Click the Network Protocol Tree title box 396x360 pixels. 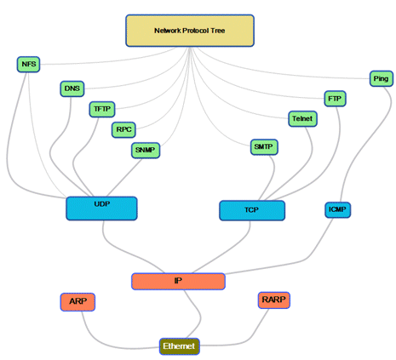pos(190,31)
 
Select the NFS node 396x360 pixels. pos(28,64)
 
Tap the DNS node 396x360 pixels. pos(72,89)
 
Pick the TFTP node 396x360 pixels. pos(102,109)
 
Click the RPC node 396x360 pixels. pos(123,129)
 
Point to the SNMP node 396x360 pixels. pos(146,150)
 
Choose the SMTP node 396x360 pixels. pos(264,147)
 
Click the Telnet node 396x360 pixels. pos(302,118)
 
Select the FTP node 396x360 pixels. pos(335,99)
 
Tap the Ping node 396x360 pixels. pos(382,78)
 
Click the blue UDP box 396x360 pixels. pos(101,209)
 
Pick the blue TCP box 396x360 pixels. pos(252,210)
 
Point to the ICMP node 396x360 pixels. pos(337,209)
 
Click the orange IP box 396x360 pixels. pos(178,281)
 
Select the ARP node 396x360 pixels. pos(77,302)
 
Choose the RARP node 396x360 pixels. pos(274,300)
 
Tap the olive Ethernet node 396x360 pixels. pos(180,346)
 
